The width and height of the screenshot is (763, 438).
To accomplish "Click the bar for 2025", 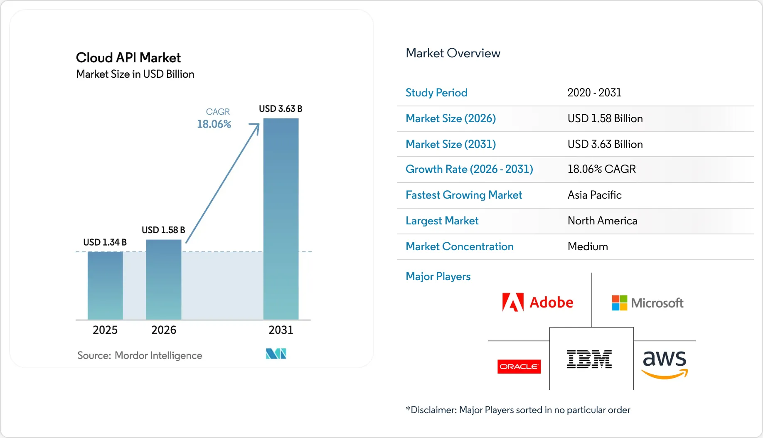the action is (x=105, y=286).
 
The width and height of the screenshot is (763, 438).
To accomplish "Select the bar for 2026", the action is (x=164, y=280).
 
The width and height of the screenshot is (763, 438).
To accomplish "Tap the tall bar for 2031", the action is (x=281, y=219).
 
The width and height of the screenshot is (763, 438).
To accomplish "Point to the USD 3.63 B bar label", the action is (x=281, y=109).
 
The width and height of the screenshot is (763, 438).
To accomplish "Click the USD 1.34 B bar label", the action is (x=105, y=242).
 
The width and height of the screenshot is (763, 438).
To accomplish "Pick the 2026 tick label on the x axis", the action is (x=164, y=330).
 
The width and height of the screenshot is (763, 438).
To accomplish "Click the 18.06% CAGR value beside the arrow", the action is (x=214, y=124).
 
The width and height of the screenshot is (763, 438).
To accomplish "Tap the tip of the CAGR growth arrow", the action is (x=259, y=123).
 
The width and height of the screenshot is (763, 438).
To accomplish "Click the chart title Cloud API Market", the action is (x=128, y=58).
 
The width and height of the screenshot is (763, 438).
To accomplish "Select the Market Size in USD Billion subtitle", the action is (x=135, y=74).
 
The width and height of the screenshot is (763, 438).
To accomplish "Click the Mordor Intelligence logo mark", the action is (x=276, y=354).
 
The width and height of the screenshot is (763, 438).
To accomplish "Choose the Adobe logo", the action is (x=538, y=302).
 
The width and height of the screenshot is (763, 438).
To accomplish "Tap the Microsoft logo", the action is (x=647, y=303).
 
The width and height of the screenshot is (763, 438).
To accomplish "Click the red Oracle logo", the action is (x=519, y=367).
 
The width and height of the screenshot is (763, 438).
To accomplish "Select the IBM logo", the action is (x=589, y=359).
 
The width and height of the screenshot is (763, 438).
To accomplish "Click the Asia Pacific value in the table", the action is (x=595, y=195).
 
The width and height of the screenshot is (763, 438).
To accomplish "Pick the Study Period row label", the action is (x=436, y=93).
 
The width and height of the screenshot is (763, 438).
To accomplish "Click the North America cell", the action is (x=603, y=221).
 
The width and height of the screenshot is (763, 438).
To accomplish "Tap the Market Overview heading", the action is (x=453, y=53).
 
